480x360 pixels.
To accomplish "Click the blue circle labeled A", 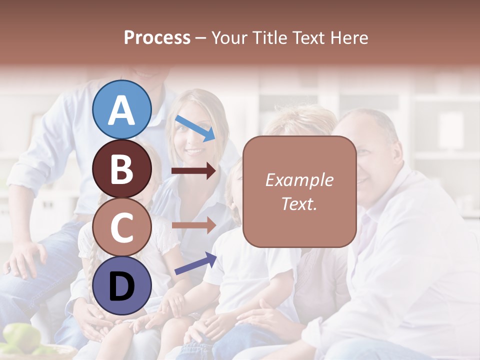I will [x=121, y=109].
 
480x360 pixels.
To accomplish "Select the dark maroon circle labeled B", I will [x=121, y=168].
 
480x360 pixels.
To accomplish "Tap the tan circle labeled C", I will [x=121, y=227].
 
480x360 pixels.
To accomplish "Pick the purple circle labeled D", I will [x=121, y=285].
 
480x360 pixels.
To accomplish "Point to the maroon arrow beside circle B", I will [x=193, y=171].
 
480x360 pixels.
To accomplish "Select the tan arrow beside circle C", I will [x=193, y=225].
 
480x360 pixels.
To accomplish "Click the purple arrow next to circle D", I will [x=195, y=263].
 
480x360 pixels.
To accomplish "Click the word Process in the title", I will [x=157, y=37].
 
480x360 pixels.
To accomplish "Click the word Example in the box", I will [x=299, y=180].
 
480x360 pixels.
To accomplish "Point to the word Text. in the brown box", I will [x=299, y=203].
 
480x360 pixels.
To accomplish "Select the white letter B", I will [x=121, y=168].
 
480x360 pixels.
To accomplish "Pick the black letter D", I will [x=121, y=286].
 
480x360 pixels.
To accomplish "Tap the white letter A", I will [x=121, y=110].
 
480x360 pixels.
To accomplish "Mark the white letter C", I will [x=121, y=227].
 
